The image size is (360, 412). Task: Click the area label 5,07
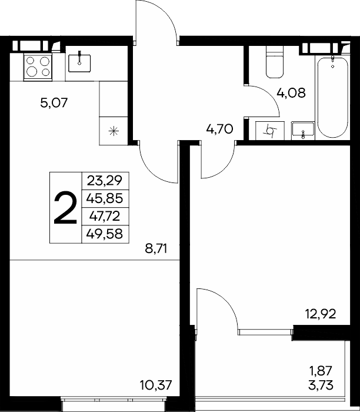54,102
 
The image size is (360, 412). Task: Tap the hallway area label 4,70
219,129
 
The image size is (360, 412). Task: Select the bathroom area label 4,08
291,93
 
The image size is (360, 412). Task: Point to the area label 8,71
156,248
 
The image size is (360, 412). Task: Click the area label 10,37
156,385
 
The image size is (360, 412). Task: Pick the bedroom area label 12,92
321,314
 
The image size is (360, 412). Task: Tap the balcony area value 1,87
321,371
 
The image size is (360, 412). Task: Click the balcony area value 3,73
321,385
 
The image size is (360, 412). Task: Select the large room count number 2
65,208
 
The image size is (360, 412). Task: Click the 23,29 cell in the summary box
105,181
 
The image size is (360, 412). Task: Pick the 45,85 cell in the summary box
105,198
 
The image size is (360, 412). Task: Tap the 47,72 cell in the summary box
105,216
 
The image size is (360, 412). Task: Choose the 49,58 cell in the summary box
105,234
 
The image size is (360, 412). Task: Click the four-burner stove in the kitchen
38,67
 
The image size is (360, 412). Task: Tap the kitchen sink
79,63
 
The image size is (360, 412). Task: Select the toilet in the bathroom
275,62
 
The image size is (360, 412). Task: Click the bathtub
333,97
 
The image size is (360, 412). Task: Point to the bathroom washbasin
303,129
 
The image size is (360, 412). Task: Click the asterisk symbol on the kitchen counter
114,131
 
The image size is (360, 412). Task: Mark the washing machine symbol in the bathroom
270,130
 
